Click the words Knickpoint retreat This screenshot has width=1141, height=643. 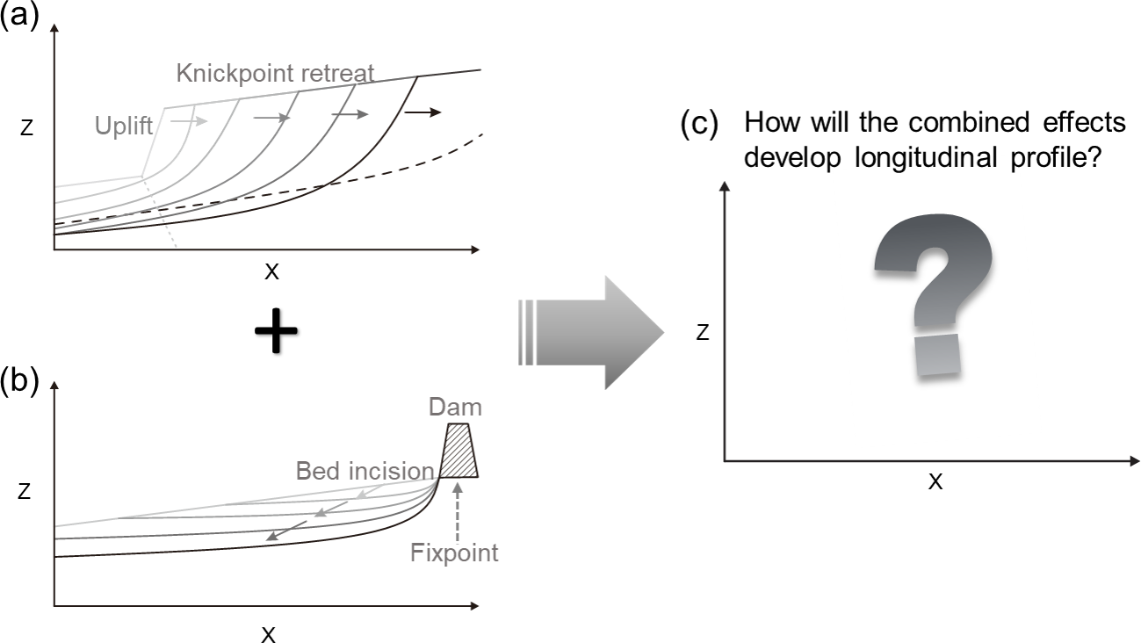point(275,73)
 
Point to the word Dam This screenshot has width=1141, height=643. point(456,408)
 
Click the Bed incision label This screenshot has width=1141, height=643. point(365,471)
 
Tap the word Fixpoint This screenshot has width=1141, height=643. point(454,553)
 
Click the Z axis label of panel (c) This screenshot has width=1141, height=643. point(703,331)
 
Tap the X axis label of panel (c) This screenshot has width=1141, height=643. point(936,481)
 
